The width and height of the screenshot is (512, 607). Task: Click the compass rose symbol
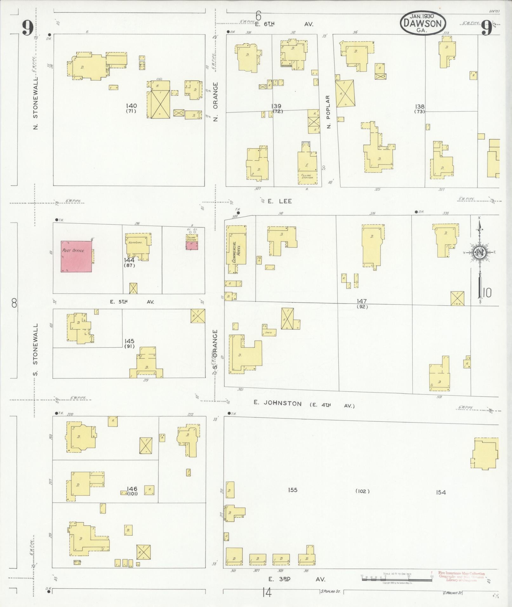click(x=480, y=253)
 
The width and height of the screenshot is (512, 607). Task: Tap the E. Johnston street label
click(x=277, y=403)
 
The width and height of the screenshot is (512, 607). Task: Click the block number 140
click(x=131, y=106)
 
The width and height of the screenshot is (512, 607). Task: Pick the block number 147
click(x=362, y=301)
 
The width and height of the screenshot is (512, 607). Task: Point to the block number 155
click(x=292, y=490)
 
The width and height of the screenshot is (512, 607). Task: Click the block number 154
click(x=441, y=492)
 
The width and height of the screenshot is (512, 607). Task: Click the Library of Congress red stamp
click(x=461, y=577)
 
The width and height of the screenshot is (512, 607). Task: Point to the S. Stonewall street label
click(x=36, y=349)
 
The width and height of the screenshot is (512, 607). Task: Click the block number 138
click(x=420, y=107)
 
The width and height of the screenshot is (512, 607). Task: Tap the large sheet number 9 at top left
click(x=28, y=29)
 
